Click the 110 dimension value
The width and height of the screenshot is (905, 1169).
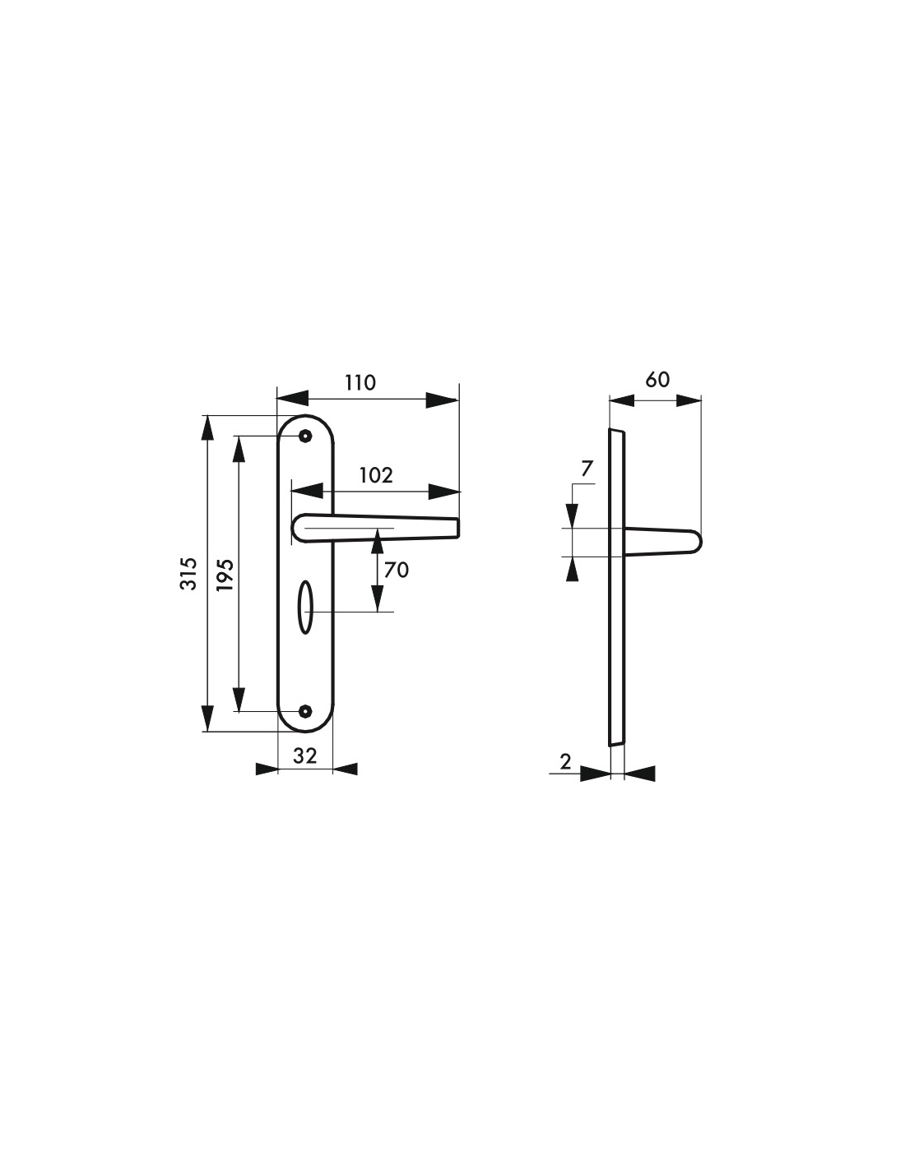(x=360, y=383)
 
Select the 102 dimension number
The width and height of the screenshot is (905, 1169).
(x=376, y=475)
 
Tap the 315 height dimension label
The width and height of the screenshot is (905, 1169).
(x=188, y=574)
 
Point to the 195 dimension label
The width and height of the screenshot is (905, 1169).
(x=225, y=575)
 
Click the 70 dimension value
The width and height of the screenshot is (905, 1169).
(x=397, y=570)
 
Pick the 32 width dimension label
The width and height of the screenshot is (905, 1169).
(x=305, y=755)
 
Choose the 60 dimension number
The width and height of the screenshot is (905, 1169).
(x=657, y=380)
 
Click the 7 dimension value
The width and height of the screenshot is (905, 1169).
(x=587, y=469)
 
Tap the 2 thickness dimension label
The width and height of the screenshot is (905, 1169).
(x=565, y=762)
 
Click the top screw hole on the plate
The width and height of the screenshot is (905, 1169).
(x=306, y=436)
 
